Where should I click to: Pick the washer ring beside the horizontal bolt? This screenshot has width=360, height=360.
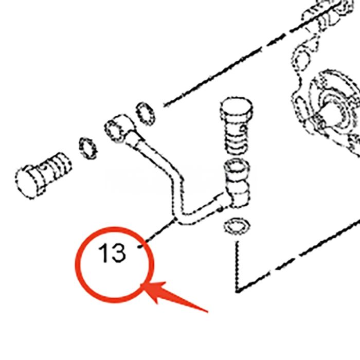click(x=88, y=148)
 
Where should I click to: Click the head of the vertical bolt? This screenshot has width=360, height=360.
click(x=237, y=110)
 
